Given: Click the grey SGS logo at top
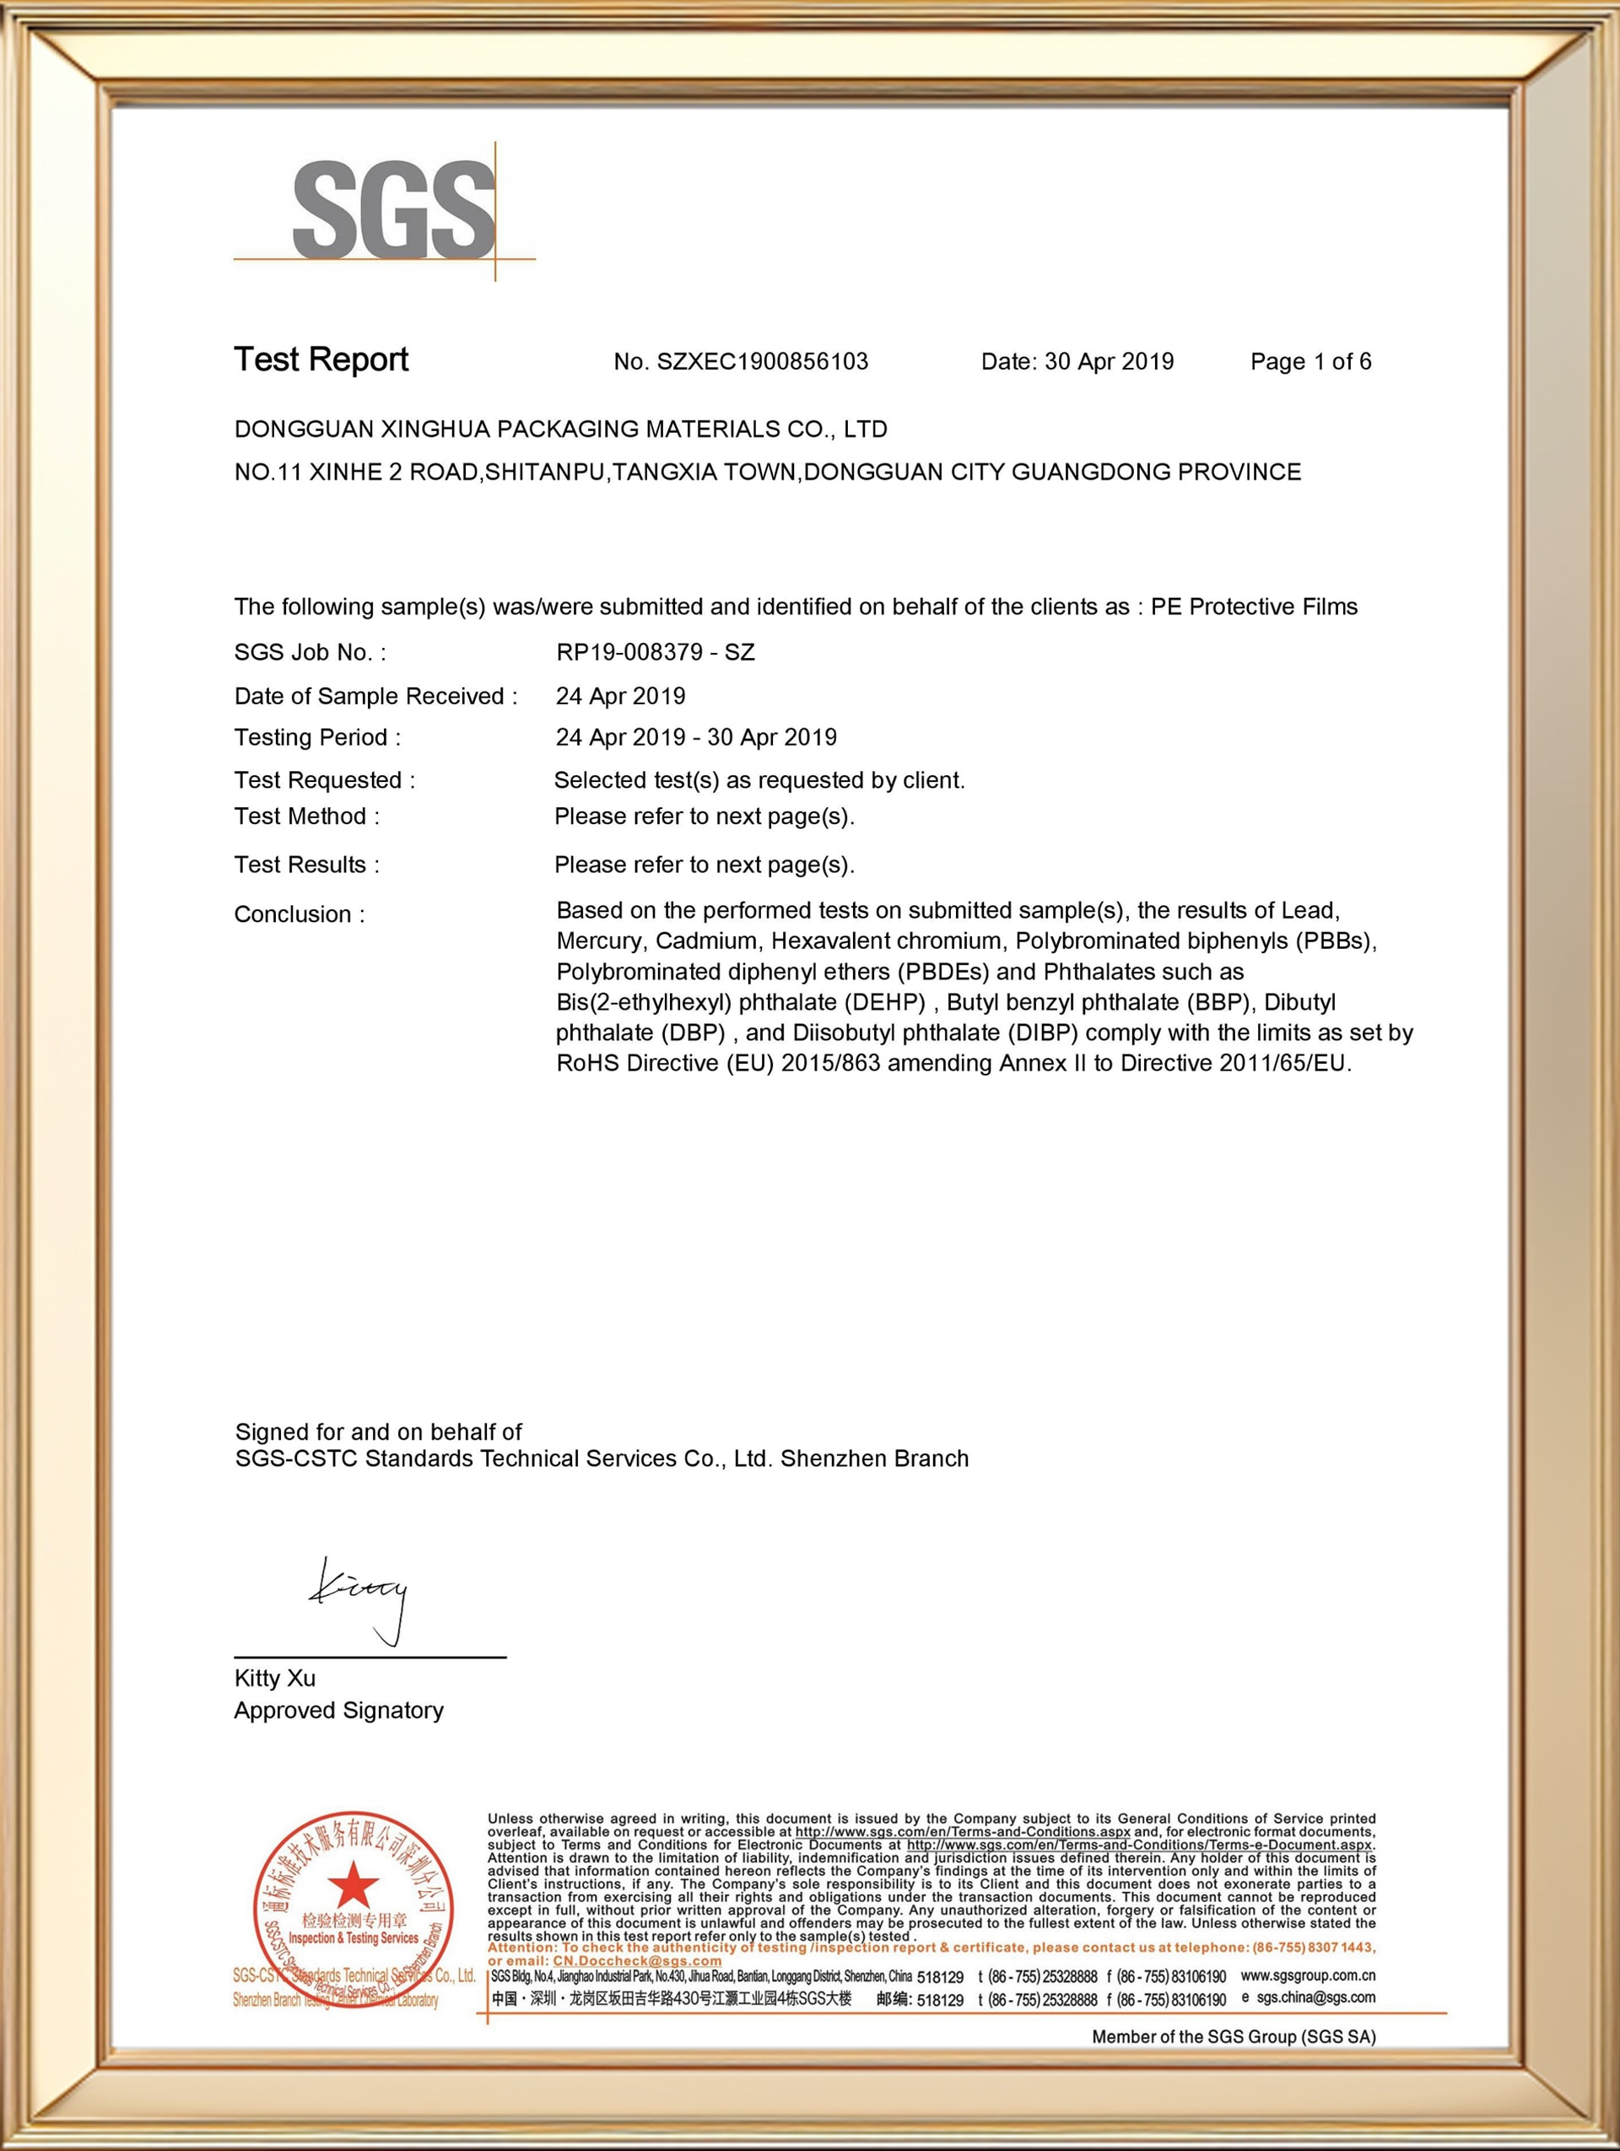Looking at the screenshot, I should tap(394, 211).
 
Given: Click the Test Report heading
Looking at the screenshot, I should tap(321, 360).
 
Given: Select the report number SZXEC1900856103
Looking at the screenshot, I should tap(763, 362).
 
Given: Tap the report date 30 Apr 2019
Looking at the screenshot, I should tap(1109, 362).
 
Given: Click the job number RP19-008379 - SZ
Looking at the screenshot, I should tap(656, 653).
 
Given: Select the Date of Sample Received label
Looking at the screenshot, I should tap(375, 696).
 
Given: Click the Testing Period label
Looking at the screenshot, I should tap(317, 738).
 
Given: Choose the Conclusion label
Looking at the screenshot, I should tap(300, 914).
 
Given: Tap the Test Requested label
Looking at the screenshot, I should tap(325, 780).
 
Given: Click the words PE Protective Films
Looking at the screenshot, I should tap(1255, 606).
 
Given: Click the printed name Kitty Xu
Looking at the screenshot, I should tap(275, 1679).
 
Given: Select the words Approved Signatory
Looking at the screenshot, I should tap(338, 1711).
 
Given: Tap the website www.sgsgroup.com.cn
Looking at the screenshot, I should tap(1308, 1975).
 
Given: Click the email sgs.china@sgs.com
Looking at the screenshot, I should tap(1315, 1997).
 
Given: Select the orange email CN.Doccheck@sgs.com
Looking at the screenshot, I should tap(637, 1960).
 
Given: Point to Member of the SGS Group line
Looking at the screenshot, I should tap(1234, 2037).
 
